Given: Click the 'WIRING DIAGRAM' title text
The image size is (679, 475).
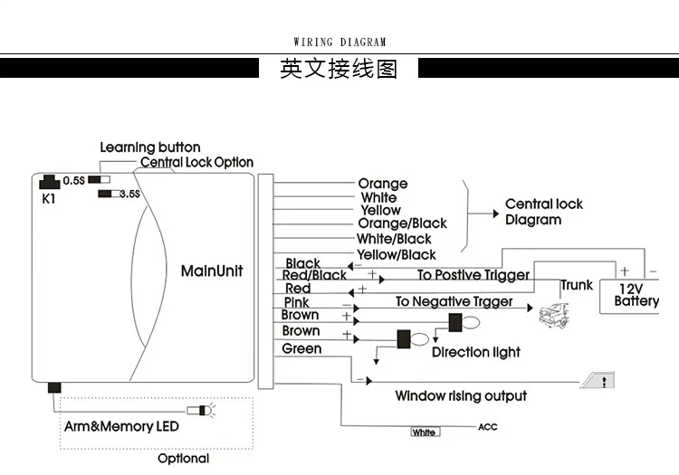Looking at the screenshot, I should [x=339, y=42].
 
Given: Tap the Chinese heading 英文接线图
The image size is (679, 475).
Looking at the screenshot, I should [x=339, y=70].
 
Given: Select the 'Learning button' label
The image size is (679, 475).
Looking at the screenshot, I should [x=150, y=147].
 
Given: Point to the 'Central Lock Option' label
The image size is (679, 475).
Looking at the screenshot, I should [x=196, y=163].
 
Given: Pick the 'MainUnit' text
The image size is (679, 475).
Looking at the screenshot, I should [x=212, y=271].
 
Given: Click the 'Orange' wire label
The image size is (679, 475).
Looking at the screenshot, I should [x=383, y=184].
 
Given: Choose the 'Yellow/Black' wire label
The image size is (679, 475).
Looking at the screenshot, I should [x=397, y=255].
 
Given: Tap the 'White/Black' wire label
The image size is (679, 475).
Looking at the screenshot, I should [x=395, y=239].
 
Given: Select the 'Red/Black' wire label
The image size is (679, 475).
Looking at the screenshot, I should [x=314, y=275].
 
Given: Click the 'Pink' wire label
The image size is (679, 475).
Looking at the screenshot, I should [x=297, y=302].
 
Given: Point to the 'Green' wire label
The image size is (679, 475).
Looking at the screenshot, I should [x=301, y=348].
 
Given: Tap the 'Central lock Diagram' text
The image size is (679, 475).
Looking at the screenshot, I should [x=544, y=212].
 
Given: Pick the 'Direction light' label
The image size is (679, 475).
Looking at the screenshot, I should [x=476, y=353].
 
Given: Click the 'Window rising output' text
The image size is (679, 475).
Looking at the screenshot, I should [x=461, y=396].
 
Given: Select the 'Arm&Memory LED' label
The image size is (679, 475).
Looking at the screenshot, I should [x=121, y=426].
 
